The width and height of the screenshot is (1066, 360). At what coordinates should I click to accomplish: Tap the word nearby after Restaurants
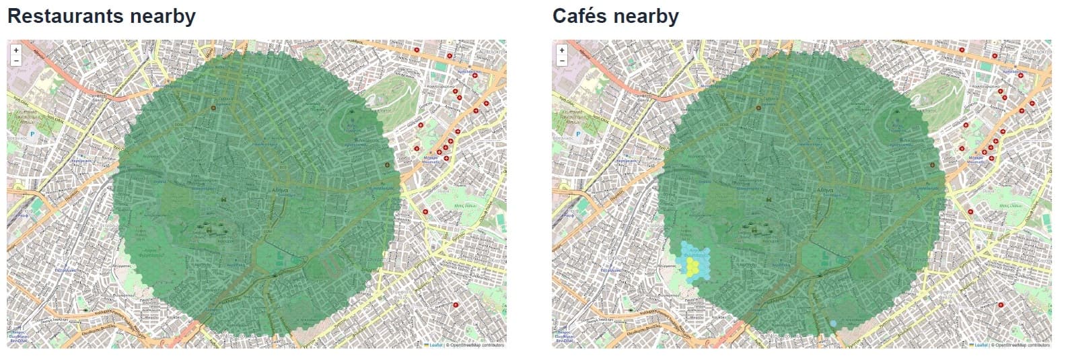162,15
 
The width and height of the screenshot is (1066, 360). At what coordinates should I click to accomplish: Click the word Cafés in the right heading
582,15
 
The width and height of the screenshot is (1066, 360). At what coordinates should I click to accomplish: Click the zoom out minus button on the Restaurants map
16,61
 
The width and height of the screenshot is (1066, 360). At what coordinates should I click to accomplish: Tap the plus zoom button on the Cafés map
562,50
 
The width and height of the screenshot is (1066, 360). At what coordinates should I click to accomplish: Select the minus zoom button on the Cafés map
562,61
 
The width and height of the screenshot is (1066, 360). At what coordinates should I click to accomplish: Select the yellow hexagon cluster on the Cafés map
691,264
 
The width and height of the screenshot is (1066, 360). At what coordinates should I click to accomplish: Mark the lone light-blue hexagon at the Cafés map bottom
833,324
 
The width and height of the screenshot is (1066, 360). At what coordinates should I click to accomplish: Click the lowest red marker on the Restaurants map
455,305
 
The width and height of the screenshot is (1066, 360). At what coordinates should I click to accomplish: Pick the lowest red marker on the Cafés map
1001,305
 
